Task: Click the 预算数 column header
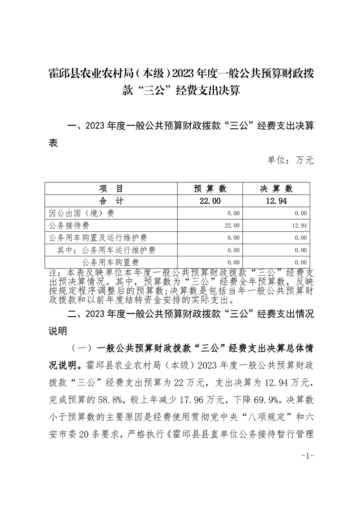click(x=210, y=189)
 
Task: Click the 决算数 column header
click(x=276, y=189)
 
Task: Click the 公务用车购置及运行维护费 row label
click(x=97, y=238)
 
